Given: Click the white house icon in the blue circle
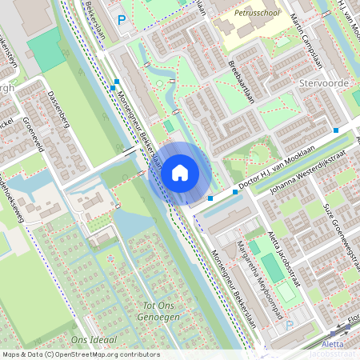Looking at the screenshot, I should (180, 172).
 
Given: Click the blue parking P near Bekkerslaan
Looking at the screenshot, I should (122, 19).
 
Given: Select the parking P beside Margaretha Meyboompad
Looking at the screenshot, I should (290, 326).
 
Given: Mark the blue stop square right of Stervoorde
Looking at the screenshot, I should (336, 130).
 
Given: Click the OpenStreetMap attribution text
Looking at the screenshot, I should (80, 354).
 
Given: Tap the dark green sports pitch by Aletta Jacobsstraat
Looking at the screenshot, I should (273, 269).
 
